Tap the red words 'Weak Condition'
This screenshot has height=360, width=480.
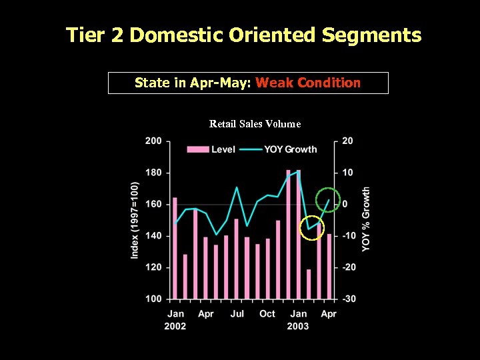click(x=308, y=83)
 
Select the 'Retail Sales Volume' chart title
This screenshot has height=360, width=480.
click(x=255, y=124)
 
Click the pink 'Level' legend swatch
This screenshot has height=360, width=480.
click(x=198, y=149)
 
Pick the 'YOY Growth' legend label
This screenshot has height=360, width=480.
click(x=291, y=149)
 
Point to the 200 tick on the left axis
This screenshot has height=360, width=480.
click(x=153, y=141)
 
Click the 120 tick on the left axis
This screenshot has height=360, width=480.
click(x=153, y=267)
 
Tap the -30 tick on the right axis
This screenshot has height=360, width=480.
click(x=348, y=299)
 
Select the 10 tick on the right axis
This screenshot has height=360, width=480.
click(x=348, y=173)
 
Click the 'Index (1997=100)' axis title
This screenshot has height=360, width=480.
click(x=135, y=220)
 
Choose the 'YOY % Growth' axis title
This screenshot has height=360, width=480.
click(x=366, y=219)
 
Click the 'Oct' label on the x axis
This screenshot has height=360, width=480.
click(x=267, y=313)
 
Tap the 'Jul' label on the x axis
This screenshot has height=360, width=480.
click(x=237, y=313)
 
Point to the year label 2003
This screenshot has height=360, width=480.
click(x=298, y=326)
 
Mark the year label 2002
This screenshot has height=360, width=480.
click(x=175, y=326)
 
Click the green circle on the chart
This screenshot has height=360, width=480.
click(x=329, y=200)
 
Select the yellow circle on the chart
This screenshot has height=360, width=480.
click(x=311, y=229)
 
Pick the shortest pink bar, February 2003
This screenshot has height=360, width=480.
click(x=309, y=284)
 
